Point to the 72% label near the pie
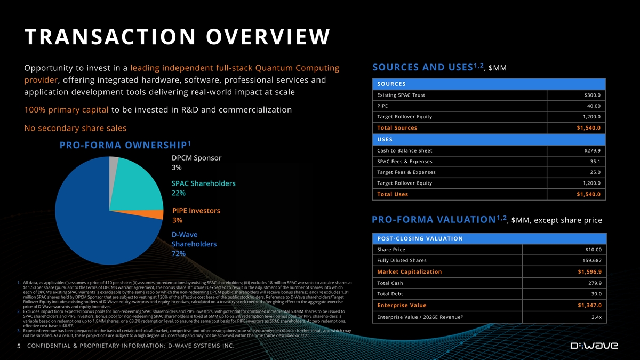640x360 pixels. click(179, 254)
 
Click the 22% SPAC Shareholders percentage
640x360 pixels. click(179, 193)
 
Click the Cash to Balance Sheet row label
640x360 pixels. click(404, 150)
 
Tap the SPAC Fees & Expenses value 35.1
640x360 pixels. click(595, 162)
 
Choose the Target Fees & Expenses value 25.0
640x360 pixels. click(595, 172)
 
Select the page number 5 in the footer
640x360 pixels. click(18, 346)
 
